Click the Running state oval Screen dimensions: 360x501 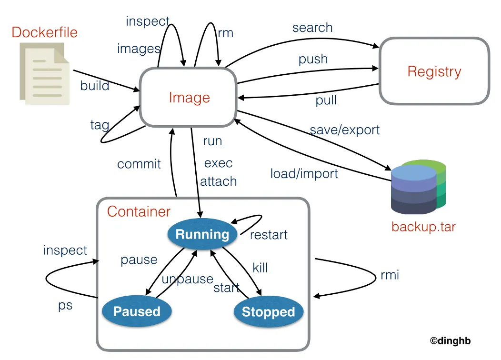[x=202, y=234]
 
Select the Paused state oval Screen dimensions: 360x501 [x=137, y=311]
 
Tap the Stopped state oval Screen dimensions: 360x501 [x=268, y=312]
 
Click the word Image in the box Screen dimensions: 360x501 [x=189, y=98]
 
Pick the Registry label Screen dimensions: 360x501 [x=434, y=72]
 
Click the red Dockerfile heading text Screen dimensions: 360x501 [x=44, y=32]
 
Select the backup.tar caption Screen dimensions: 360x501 [x=423, y=226]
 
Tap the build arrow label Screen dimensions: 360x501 [x=94, y=86]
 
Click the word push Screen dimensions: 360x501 [x=313, y=59]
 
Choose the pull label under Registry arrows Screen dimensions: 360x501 [x=326, y=100]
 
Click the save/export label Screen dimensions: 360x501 [x=345, y=130]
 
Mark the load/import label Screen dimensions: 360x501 [x=304, y=173]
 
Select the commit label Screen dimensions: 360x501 [x=139, y=164]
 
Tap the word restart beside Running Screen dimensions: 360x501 [x=269, y=235]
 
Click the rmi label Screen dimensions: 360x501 [x=390, y=275]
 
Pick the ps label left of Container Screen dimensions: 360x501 [x=65, y=305]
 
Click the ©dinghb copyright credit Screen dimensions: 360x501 [x=450, y=340]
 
